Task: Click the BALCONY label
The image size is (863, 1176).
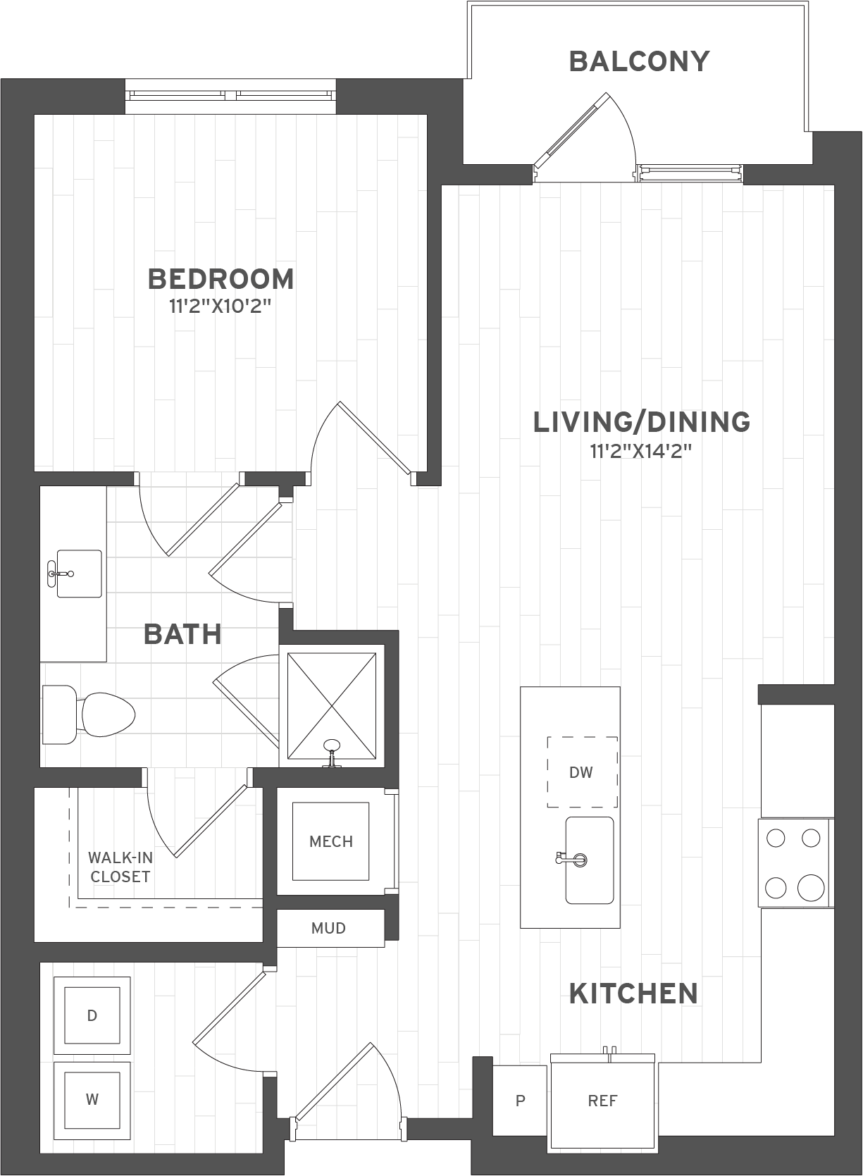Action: [x=638, y=61]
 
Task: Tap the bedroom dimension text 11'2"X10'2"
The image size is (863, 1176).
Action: [x=221, y=307]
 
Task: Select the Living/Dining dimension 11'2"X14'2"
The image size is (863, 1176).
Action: [x=641, y=451]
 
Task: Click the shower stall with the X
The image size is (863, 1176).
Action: [x=332, y=707]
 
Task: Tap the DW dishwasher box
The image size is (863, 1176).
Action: [x=582, y=772]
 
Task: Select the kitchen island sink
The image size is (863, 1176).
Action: [x=590, y=860]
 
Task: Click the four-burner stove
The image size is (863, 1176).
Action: [x=795, y=862]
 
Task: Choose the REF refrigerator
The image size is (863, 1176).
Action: [x=602, y=1101]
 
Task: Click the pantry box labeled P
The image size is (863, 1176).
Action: [x=520, y=1101]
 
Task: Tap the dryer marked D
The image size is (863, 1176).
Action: [x=92, y=1015]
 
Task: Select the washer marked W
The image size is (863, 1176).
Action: [x=92, y=1099]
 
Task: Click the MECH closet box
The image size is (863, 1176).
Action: [x=331, y=841]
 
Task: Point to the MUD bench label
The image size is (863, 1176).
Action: [x=329, y=928]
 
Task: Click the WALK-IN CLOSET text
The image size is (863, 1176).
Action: [x=119, y=867]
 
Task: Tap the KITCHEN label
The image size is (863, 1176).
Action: [x=633, y=994]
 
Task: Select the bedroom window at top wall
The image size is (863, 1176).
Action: [x=230, y=96]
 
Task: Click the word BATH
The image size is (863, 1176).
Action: [x=182, y=634]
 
